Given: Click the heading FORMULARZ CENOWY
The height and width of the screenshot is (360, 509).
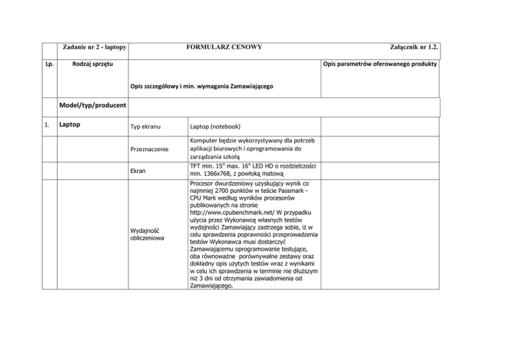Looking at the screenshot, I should pos(223,47).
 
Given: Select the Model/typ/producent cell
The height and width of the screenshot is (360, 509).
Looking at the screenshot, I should pos(92,105).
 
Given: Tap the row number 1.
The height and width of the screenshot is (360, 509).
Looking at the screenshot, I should pos(46,123).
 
